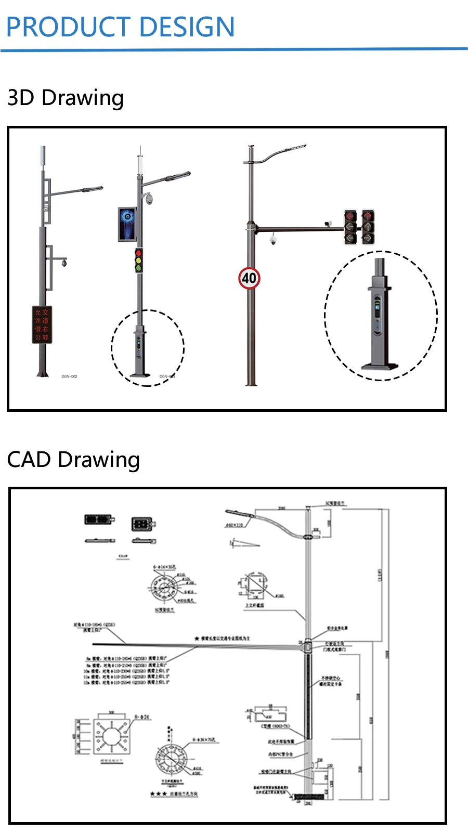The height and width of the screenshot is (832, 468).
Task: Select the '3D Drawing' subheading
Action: pos(66,98)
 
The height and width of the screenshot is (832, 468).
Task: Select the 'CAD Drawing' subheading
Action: pos(73,460)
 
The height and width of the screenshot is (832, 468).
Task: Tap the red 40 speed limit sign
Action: pos(249,278)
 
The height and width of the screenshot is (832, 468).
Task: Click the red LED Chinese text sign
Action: pos(42,324)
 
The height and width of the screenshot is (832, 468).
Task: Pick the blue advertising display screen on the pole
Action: pos(127,224)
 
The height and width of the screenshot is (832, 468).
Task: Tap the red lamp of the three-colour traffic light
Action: pos(138,253)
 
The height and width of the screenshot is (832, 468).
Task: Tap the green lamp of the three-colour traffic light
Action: pos(138,268)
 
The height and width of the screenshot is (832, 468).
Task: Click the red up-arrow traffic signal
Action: pos(368,216)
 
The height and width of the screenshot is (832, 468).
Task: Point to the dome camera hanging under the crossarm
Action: pos(273,240)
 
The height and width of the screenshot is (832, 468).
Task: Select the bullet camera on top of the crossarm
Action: pos(327,223)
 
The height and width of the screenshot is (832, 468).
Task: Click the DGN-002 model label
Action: pos(69,376)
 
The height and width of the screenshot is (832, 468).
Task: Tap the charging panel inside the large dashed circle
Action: pos(378,315)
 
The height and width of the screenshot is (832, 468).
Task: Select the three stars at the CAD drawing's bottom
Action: pos(158,794)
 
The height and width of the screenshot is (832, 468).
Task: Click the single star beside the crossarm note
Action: pos(197,638)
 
